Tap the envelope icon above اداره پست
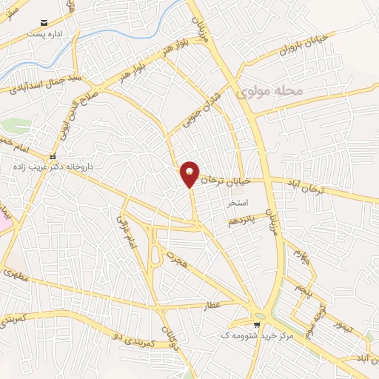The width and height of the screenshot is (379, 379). (x=45, y=24)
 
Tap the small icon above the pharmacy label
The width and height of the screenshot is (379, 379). (x=52, y=158)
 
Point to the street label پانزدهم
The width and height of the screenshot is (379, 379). (x=243, y=220)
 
